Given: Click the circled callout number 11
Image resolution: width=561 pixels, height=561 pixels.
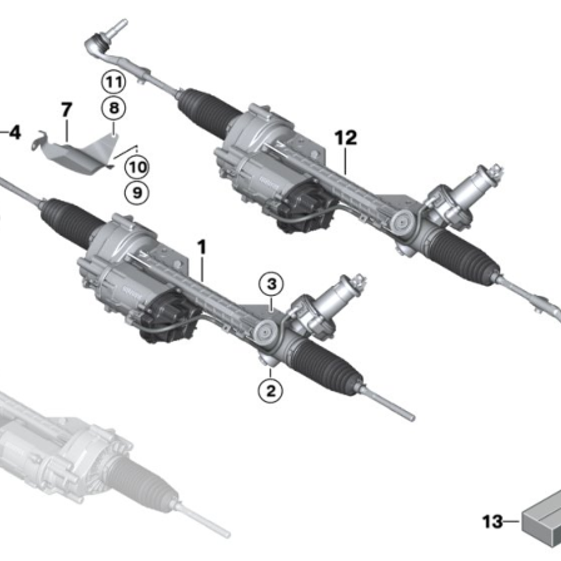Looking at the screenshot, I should pos(114,83).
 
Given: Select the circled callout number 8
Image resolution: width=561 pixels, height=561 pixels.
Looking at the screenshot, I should pos(114,108).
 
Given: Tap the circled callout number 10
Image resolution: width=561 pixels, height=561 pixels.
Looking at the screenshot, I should pos(137,167).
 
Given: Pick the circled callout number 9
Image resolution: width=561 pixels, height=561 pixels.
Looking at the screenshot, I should pos(137,193).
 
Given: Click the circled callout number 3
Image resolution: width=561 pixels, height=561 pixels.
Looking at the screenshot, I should pos(272,284).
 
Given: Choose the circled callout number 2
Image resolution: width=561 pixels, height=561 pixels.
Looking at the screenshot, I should pos(270,390).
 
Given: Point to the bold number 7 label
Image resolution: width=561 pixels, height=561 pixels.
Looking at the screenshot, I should pos(67,109).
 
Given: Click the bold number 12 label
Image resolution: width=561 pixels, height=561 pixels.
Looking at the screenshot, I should pos(346,137).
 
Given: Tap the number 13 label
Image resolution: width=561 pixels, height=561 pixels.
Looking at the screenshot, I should pos(493,522).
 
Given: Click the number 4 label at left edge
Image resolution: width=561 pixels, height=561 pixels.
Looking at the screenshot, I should pos(13,134).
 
